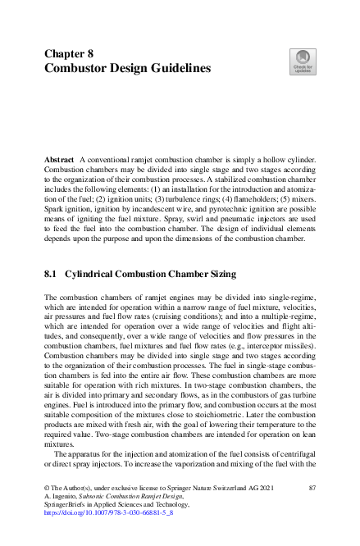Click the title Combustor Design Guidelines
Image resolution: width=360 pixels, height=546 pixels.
tap(127, 68)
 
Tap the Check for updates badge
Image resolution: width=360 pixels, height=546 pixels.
tap(302, 62)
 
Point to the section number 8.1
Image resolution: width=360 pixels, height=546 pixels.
tap(52, 273)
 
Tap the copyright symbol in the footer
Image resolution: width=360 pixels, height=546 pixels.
tap(47, 488)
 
